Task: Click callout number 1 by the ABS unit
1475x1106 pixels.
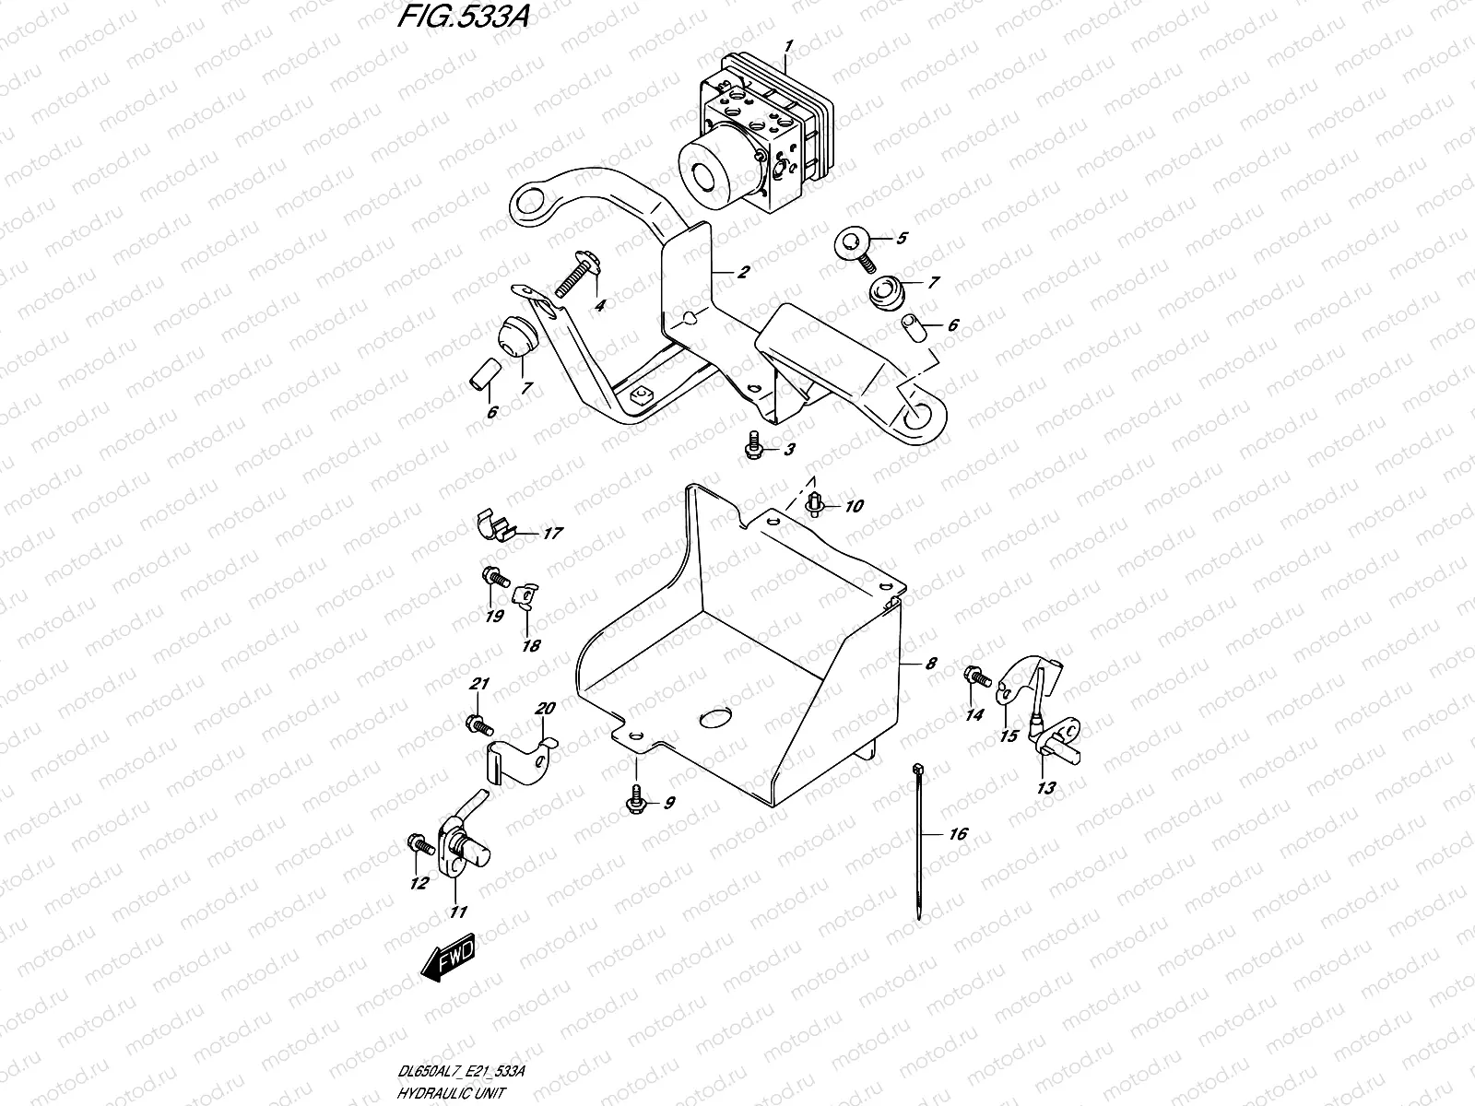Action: pos(788,45)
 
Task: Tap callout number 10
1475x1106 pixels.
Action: pos(854,506)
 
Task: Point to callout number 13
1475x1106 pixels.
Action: pos(1046,788)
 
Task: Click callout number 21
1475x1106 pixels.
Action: pos(479,684)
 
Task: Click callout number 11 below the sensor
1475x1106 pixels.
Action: pos(457,912)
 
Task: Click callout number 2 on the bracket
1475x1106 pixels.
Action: pos(743,272)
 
